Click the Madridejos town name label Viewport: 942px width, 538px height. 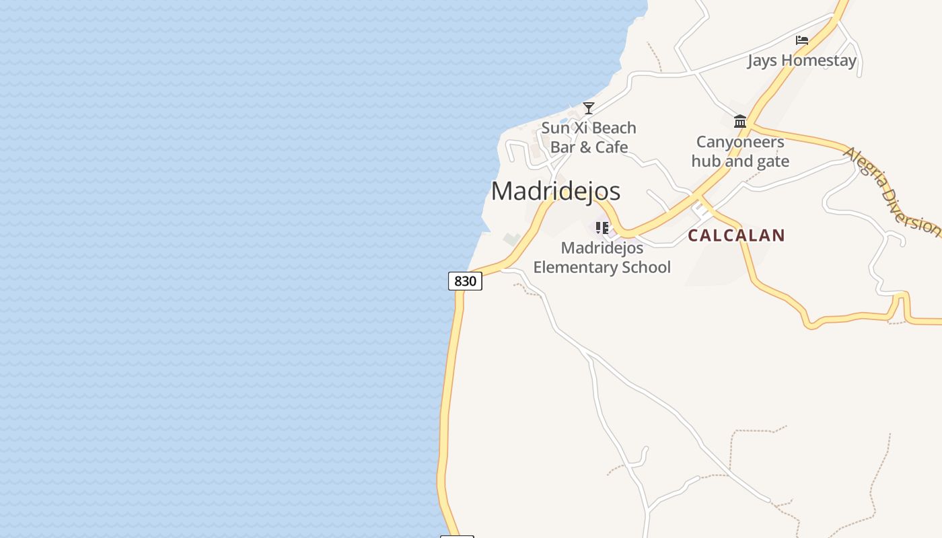555,191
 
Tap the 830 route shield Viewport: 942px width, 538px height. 465,281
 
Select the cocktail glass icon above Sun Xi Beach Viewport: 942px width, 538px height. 589,108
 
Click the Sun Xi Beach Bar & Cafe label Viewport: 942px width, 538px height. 589,137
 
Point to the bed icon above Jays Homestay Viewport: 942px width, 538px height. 801,40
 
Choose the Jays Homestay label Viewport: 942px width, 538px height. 801,61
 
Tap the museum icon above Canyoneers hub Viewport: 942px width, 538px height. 740,121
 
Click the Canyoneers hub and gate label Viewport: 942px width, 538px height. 740,151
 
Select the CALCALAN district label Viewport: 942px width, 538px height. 736,235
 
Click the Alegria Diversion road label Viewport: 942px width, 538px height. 892,191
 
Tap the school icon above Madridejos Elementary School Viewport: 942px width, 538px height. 602,227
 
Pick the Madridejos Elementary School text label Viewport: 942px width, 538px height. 602,258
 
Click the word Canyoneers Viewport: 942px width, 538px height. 740,142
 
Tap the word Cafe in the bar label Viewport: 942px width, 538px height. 612,147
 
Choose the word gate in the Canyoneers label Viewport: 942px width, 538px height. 773,161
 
